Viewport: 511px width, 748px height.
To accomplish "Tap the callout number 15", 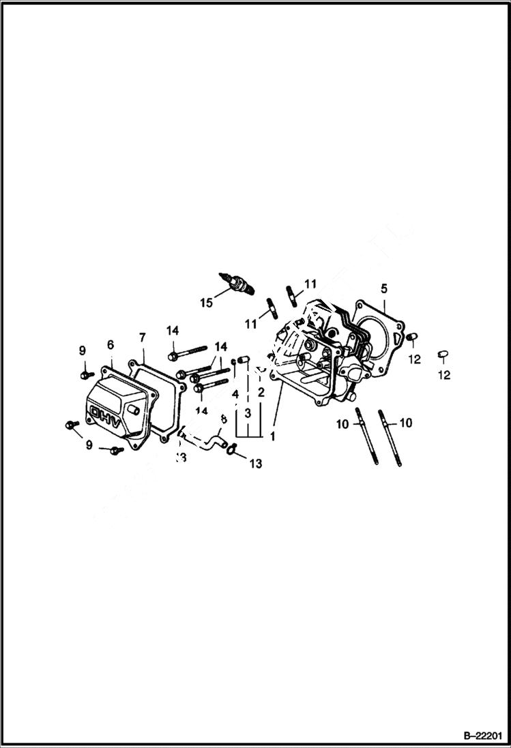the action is (x=207, y=303).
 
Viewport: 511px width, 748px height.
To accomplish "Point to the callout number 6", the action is (x=111, y=345).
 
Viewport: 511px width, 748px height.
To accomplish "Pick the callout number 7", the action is (x=142, y=338).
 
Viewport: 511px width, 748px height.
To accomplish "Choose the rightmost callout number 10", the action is (x=405, y=423).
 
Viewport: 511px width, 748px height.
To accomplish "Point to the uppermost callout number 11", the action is (x=310, y=284).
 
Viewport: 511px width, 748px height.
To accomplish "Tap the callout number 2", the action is (x=261, y=393).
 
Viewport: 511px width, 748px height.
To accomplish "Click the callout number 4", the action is (x=235, y=395).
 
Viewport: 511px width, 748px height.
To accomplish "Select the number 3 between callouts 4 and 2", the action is (x=248, y=413).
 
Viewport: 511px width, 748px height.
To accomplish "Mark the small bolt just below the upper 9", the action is (x=85, y=374).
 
